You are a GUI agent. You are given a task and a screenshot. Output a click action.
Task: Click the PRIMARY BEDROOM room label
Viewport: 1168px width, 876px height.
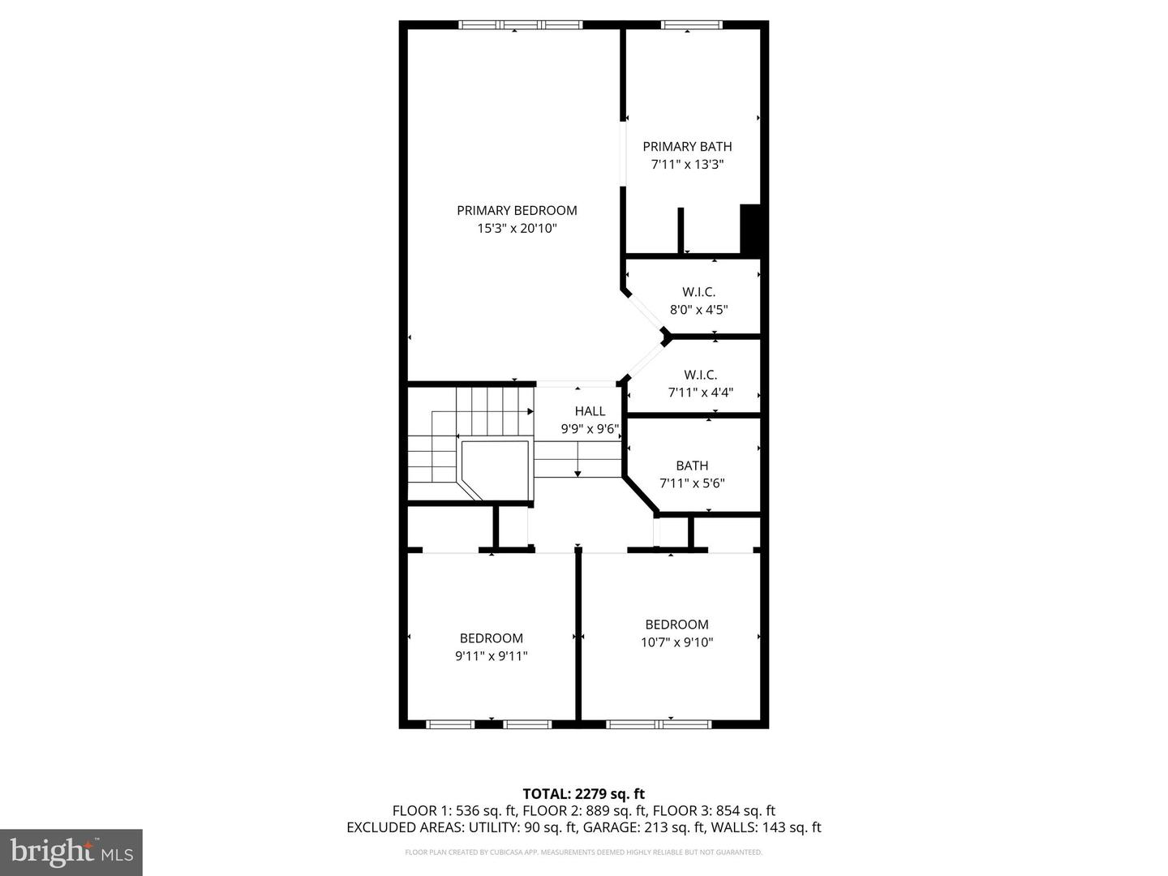click(x=517, y=211)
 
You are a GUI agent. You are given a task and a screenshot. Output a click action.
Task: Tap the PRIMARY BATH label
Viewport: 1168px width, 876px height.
click(x=687, y=146)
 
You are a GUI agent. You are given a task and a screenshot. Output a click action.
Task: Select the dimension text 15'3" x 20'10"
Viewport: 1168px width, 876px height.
click(x=517, y=229)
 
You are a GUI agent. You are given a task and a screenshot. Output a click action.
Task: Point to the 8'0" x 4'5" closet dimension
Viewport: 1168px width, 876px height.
click(x=698, y=310)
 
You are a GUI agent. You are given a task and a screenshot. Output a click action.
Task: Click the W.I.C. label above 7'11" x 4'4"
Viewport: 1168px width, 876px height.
click(x=700, y=375)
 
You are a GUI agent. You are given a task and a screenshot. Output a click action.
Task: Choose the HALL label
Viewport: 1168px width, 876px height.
click(x=590, y=411)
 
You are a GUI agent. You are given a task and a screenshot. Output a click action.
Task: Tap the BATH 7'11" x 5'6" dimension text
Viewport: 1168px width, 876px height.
click(x=692, y=483)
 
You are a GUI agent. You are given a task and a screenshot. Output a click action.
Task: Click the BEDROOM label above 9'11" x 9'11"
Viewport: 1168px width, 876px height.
click(x=492, y=638)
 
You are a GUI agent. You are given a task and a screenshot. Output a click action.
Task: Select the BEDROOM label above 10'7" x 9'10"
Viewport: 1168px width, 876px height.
click(x=676, y=625)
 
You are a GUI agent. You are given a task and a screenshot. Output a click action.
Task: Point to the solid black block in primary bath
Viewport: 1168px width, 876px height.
click(x=750, y=229)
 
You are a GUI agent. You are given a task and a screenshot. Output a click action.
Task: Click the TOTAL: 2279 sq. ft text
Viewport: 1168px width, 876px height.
click(x=584, y=794)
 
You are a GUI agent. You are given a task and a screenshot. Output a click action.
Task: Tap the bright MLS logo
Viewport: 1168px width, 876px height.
click(x=71, y=852)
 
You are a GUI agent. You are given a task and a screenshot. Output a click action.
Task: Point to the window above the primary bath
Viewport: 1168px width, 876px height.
click(x=692, y=24)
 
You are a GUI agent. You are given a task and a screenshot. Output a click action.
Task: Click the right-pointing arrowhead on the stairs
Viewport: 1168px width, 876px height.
click(x=530, y=412)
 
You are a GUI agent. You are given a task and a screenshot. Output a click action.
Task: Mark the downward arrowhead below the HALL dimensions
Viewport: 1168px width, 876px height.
click(x=578, y=474)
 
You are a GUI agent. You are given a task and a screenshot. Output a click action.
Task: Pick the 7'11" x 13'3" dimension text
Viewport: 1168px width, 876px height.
click(x=688, y=165)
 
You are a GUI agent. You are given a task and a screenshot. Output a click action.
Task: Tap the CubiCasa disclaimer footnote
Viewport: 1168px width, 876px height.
click(x=584, y=852)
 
